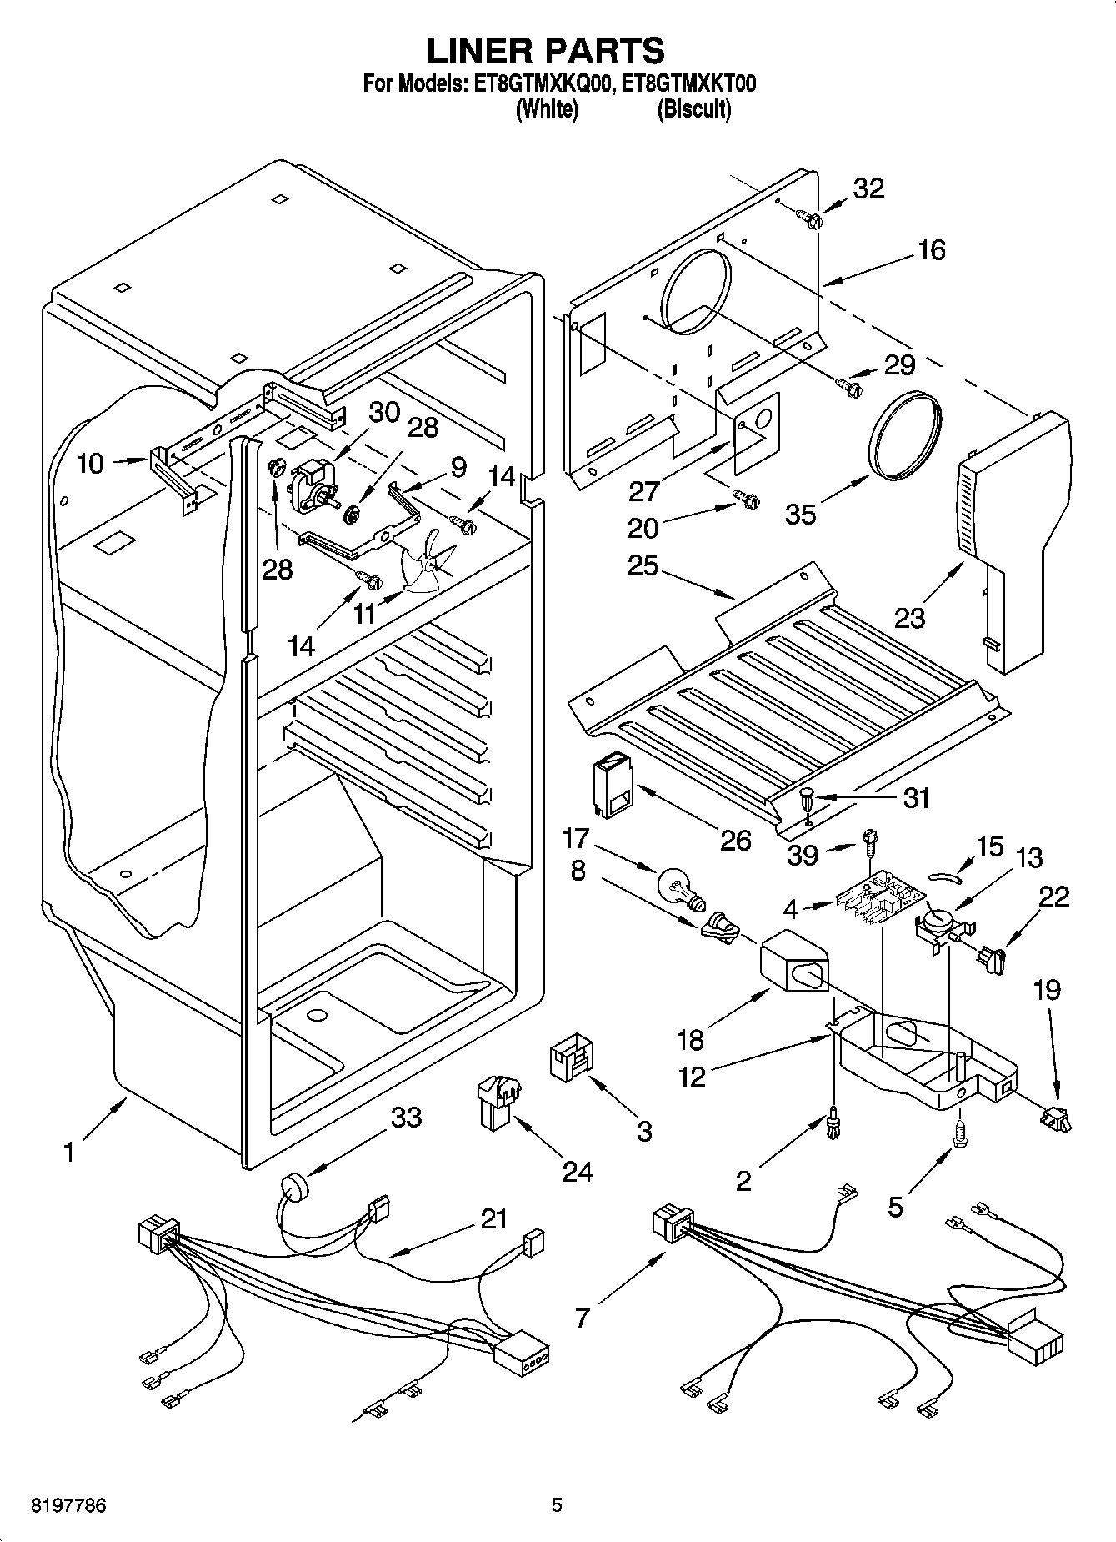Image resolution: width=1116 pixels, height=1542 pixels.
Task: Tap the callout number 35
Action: coord(800,514)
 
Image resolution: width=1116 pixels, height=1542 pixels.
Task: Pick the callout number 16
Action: coord(931,249)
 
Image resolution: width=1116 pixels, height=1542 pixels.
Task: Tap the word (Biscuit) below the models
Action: coord(693,109)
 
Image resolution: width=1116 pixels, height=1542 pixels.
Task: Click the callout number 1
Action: coord(70,1153)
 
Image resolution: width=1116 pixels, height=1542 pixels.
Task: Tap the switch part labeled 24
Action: coord(498,1101)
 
